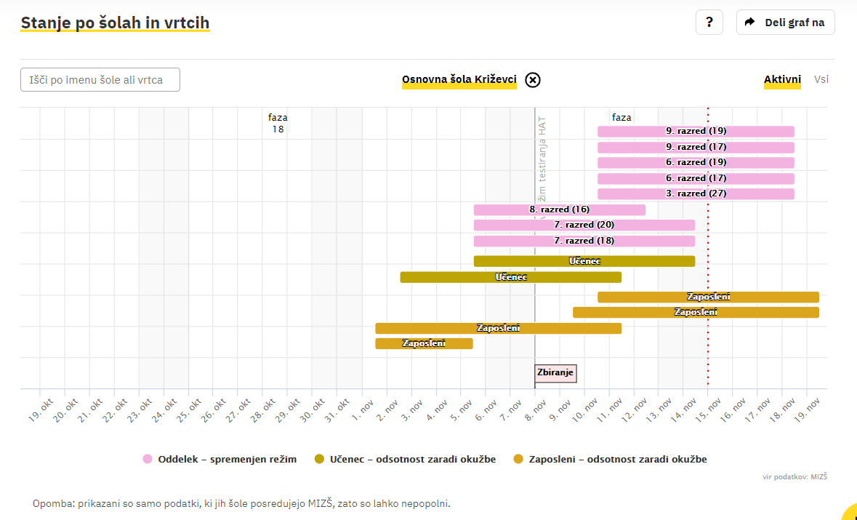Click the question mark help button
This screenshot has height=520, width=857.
[709, 22]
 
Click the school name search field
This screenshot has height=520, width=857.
[100, 80]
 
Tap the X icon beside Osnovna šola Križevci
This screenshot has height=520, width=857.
[533, 80]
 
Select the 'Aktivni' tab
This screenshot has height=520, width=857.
[782, 80]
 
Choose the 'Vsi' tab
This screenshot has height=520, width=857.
[821, 80]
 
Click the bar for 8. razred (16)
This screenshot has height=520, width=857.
[559, 210]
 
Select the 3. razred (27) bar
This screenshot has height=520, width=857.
[696, 194]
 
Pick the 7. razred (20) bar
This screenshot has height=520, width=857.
[584, 225]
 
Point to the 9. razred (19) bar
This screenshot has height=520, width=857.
[696, 132]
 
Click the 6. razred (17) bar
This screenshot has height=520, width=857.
[696, 178]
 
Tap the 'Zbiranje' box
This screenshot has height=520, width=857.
[555, 373]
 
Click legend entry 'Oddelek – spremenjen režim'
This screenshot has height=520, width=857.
[220, 459]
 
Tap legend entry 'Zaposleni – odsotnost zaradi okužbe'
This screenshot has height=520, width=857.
[610, 459]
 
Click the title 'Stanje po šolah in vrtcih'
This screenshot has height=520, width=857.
[115, 23]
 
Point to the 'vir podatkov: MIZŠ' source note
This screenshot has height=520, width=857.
[795, 477]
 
